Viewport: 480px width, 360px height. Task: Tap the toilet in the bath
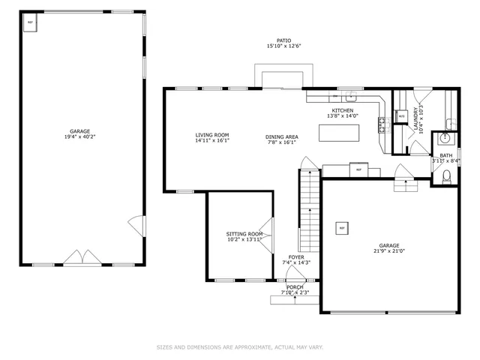446,175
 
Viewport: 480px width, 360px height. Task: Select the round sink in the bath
445,139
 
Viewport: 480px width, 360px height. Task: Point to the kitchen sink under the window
349,97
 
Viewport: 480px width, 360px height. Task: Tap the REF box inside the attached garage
342,227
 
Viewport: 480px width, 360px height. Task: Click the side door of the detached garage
136,223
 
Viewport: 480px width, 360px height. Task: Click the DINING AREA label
282,136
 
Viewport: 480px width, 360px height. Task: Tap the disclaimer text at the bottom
240,347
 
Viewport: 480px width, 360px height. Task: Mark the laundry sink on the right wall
450,124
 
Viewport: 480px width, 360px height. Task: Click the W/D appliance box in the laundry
402,117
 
